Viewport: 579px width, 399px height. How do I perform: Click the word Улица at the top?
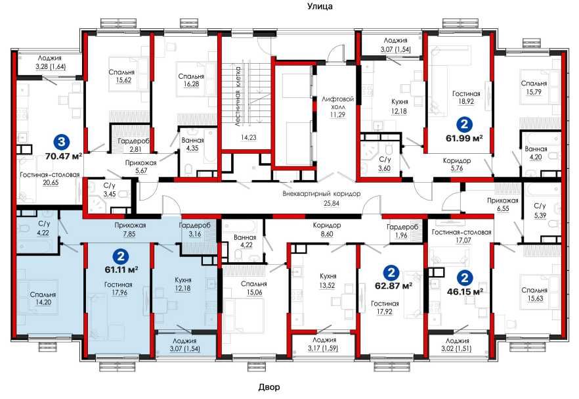[320, 7]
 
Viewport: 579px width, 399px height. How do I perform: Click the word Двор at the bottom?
[269, 387]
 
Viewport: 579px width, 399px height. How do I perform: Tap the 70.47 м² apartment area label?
[63, 156]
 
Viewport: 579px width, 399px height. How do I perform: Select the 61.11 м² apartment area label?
[121, 270]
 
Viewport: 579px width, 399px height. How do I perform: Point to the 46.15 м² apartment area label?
[465, 291]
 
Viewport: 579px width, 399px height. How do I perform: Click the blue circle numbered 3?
[62, 141]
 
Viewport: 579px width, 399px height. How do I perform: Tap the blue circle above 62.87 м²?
[391, 273]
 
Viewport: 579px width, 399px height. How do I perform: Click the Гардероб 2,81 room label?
[133, 145]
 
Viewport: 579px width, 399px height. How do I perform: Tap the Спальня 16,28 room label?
[191, 80]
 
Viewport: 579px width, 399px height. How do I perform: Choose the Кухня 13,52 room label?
[328, 280]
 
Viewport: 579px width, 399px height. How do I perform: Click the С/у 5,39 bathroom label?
[540, 210]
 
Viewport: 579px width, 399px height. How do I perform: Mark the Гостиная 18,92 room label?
[466, 98]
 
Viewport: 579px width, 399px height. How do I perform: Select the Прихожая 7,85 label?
[130, 229]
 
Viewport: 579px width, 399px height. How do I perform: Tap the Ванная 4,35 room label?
[192, 144]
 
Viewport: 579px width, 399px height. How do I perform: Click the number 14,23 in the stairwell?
[249, 137]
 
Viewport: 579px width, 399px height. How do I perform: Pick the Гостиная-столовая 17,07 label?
[461, 236]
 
